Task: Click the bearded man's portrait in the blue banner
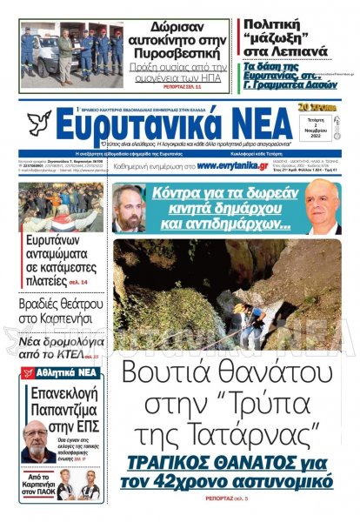click(x=128, y=209)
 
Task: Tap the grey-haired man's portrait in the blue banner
click(x=323, y=209)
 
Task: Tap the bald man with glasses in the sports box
click(x=34, y=443)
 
